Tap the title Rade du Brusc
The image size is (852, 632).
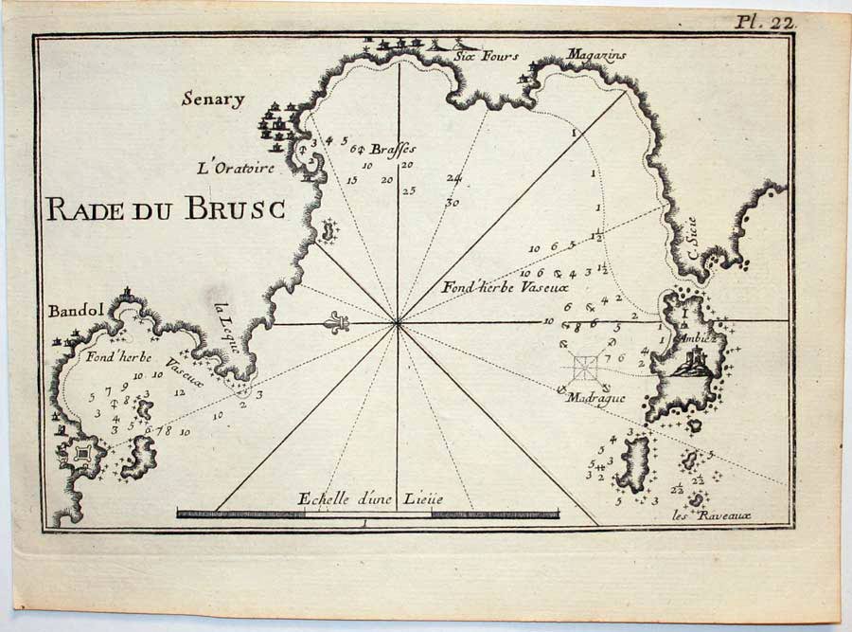(x=166, y=209)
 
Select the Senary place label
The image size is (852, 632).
(x=214, y=99)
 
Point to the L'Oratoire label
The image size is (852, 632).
(x=236, y=169)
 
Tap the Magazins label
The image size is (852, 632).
(x=597, y=56)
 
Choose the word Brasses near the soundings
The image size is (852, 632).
(x=392, y=149)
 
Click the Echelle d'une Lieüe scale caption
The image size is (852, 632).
(x=370, y=498)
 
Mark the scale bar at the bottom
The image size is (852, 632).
(x=367, y=514)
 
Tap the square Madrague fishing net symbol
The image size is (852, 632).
(x=585, y=367)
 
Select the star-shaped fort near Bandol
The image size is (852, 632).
(x=83, y=455)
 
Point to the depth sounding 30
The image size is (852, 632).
(x=453, y=202)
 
